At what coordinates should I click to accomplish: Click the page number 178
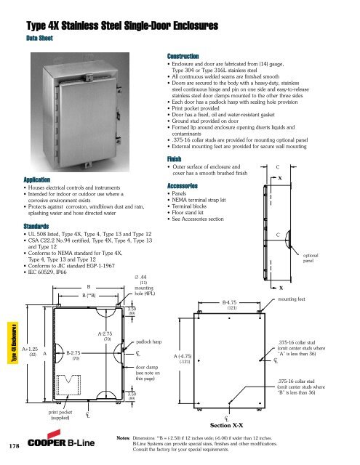click(x=12, y=445)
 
